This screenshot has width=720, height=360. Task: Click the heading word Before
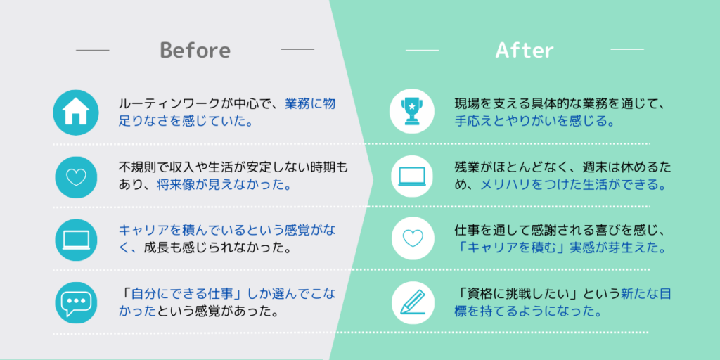[195, 50]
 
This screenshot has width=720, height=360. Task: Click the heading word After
[525, 50]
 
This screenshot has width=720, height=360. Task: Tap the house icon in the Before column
[76, 112]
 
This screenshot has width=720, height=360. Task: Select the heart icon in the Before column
[76, 177]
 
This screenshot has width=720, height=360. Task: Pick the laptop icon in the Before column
[76, 240]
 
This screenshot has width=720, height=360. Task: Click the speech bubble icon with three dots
[76, 302]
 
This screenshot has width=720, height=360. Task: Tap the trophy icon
[412, 112]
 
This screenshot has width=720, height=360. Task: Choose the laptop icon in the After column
[412, 176]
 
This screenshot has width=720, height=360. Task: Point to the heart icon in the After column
[412, 238]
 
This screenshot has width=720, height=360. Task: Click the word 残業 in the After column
[465, 167]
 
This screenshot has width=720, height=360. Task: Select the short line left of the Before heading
[92, 50]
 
